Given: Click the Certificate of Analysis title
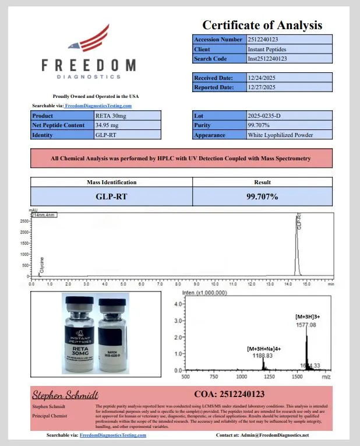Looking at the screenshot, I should pos(262,25).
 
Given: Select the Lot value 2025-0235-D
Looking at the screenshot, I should pos(264,116).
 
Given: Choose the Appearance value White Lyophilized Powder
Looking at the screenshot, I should pos(280,135).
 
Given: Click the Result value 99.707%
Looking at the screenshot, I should pos(262,196).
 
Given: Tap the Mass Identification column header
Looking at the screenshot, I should pos(111,182).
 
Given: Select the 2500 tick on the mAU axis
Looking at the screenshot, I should pos(24,222).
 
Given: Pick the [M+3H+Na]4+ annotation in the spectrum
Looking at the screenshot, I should pos(264,348).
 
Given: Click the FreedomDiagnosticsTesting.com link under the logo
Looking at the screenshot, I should pos(98,106).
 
